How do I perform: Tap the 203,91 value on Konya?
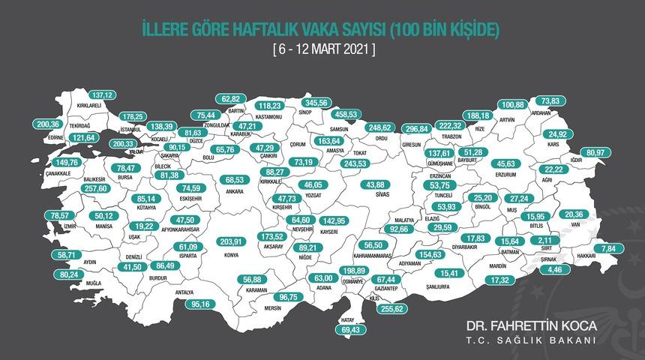point(230,241)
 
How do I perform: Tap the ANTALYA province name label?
point(184,292)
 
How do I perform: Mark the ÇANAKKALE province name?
point(57,172)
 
